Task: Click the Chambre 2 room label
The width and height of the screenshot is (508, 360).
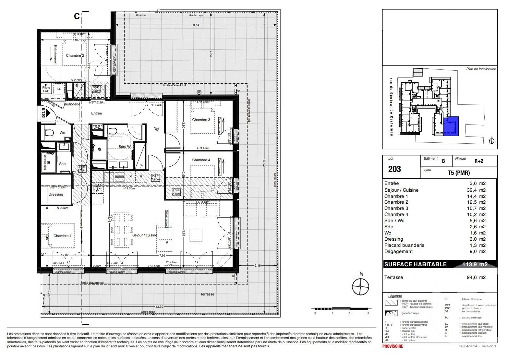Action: click(75, 55)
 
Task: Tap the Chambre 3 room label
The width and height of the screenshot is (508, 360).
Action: click(201, 120)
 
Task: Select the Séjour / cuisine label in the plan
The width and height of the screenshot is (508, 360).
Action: click(145, 235)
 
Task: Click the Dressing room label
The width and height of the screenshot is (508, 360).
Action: click(56, 194)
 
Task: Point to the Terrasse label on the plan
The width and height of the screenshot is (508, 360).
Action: click(207, 294)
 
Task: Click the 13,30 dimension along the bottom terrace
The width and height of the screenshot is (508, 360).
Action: click(159, 307)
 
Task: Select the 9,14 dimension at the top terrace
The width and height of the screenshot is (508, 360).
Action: click(196, 25)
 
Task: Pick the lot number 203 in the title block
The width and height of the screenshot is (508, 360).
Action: click(394, 169)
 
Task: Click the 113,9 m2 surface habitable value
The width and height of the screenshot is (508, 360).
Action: click(475, 264)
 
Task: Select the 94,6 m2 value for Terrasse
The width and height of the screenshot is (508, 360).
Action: click(476, 277)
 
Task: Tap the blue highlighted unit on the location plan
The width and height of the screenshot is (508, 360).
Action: click(451, 126)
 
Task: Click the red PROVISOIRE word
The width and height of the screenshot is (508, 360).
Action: click(393, 346)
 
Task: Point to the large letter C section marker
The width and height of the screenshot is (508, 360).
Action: click(77, 16)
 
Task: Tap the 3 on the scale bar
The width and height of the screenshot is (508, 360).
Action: click(368, 313)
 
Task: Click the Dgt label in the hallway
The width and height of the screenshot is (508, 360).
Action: click(156, 129)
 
